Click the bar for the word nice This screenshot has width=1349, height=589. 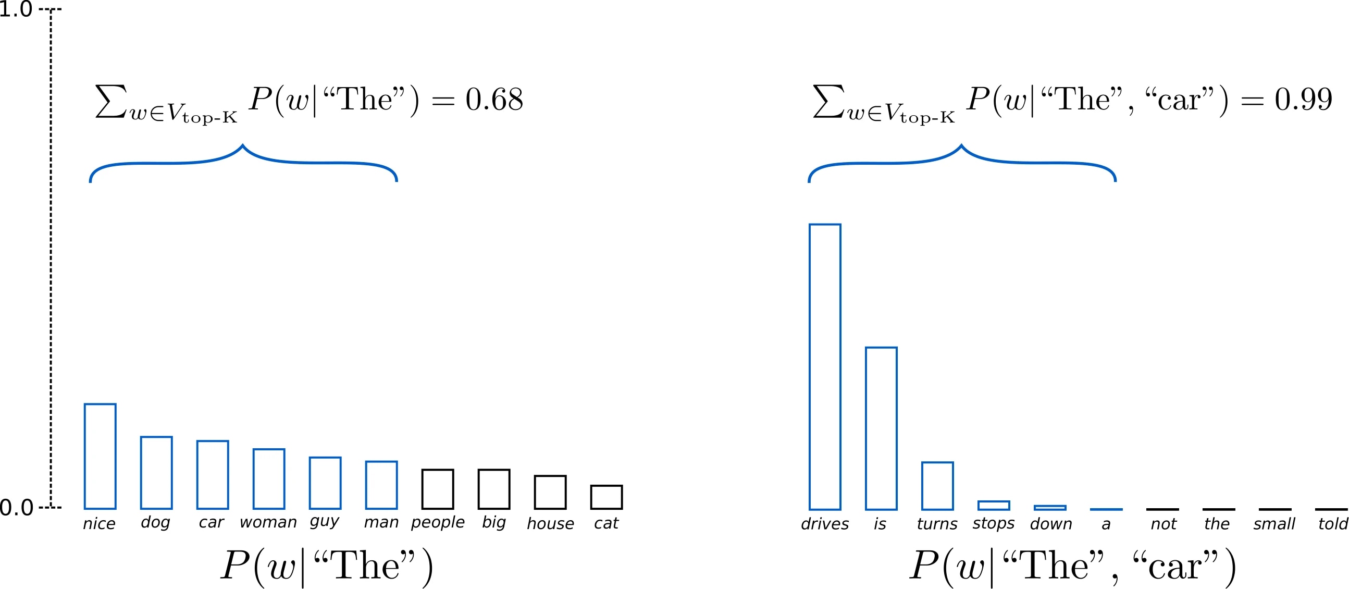click(100, 456)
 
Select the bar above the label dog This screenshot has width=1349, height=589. click(156, 472)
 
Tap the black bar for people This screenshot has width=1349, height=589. click(437, 488)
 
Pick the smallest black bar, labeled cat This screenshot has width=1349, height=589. click(606, 497)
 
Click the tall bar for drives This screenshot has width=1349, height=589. click(825, 367)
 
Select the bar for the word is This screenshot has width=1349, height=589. click(881, 428)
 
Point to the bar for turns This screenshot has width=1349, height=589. click(937, 485)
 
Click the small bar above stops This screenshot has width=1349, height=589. click(994, 505)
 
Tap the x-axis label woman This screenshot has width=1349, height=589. click(268, 522)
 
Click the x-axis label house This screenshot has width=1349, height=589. click(550, 523)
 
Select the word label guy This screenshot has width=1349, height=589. click(324, 522)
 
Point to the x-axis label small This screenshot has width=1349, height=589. click(1273, 523)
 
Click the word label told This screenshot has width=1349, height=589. click(1333, 523)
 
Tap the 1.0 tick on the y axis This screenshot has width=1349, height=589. click(16, 9)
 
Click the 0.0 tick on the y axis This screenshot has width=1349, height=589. click(16, 507)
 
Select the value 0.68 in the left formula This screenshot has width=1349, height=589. click(494, 100)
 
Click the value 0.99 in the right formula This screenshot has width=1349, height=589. click(1303, 100)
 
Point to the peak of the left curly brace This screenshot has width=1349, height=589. click(242, 145)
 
